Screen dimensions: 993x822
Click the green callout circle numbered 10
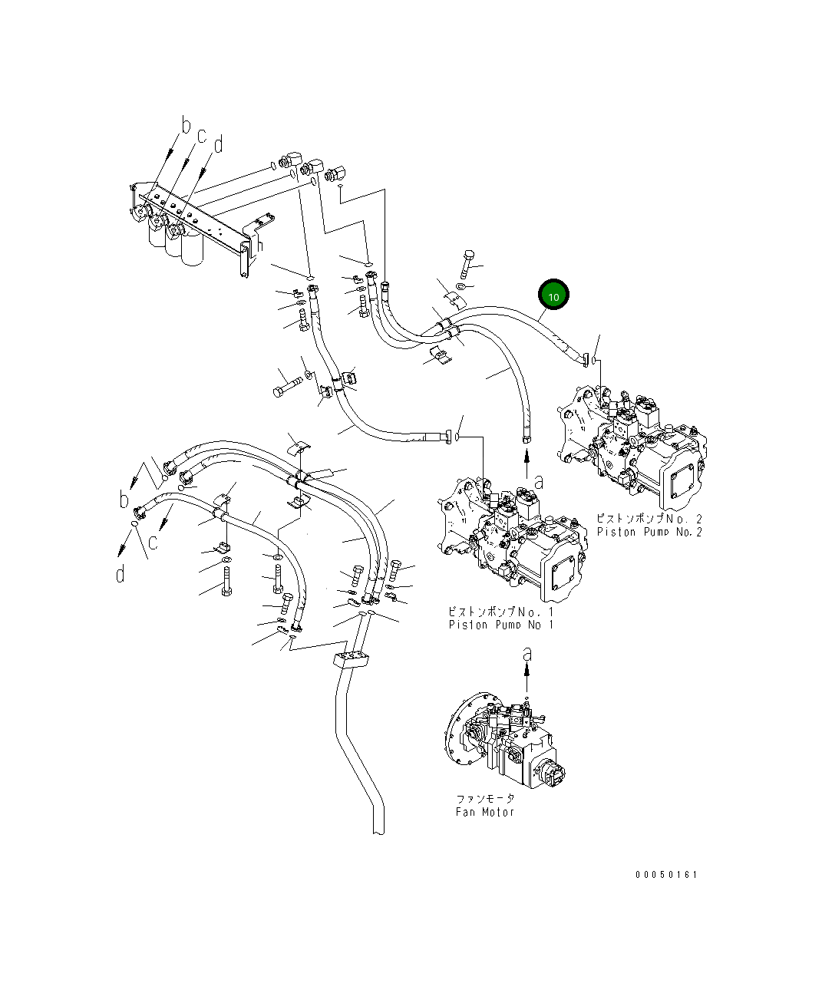(553, 295)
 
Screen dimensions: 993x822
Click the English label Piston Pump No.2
(649, 532)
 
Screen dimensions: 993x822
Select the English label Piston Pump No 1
(500, 625)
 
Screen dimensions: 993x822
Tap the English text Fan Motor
(484, 812)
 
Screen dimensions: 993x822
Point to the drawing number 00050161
(666, 874)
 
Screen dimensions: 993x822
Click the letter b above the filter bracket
(185, 125)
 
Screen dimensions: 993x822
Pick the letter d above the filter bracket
(219, 144)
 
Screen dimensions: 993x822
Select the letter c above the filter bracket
(202, 136)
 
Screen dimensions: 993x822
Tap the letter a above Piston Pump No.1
(539, 482)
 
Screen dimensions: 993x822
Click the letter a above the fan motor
(527, 654)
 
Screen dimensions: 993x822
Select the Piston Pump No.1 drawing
(510, 541)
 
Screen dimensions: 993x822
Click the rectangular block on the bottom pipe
(352, 661)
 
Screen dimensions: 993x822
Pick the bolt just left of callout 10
(469, 264)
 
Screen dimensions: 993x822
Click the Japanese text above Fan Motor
(485, 798)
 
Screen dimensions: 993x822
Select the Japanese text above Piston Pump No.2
(649, 519)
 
